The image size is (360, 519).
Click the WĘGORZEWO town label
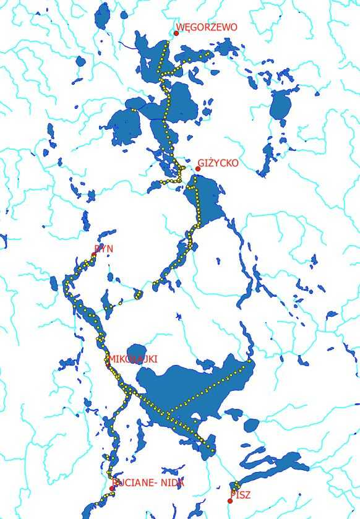pos(207,27)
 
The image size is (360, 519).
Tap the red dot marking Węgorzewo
pos(176,33)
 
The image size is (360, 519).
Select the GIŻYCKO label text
pos(218,163)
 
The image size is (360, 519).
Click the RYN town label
pos(103,249)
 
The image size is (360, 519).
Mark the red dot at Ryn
pos(94,255)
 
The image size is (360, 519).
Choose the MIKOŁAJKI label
pos(133,359)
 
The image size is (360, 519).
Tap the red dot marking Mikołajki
pos(109,365)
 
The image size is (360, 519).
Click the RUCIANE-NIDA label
pos(148,483)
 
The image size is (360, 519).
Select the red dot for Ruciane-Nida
pos(112,489)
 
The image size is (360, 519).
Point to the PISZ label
pos(242,494)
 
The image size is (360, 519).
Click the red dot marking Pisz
pos(230,500)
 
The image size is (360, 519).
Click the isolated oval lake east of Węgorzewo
pos(280,106)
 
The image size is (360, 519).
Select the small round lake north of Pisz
pos(251,426)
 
